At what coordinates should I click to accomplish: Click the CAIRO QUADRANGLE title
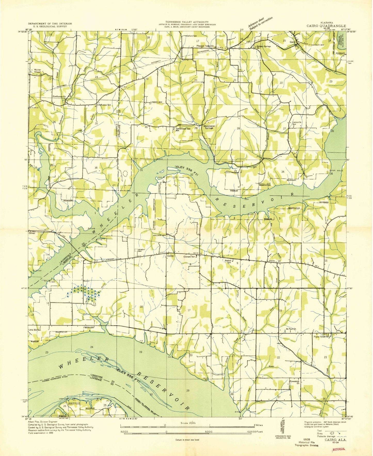coord(326,26)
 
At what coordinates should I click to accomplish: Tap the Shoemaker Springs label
coord(209,127)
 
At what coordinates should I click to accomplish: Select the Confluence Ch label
coord(59,97)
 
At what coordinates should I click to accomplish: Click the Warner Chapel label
coord(37,71)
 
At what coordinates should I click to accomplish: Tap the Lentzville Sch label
coord(298,123)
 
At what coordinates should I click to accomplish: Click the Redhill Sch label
coord(228,262)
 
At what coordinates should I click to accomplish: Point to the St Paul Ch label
coord(291,329)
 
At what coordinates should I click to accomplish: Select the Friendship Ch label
coord(295,382)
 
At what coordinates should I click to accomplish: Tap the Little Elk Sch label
coord(35,330)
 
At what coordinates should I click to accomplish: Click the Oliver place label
coord(31,233)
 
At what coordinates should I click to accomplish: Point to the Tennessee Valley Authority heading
coord(187,22)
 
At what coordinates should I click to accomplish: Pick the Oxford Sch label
coord(192,36)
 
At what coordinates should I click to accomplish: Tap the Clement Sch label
coord(191,257)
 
